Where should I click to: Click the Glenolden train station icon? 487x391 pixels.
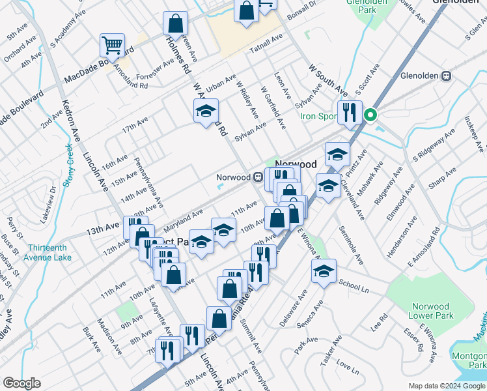tap(447, 75)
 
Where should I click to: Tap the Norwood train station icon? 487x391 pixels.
tap(258, 177)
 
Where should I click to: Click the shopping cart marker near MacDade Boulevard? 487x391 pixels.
tap(112, 45)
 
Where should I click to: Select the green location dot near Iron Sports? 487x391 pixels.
tap(370, 117)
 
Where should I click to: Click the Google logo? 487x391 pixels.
tap(21, 383)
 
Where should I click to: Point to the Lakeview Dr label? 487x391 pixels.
tap(49, 204)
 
